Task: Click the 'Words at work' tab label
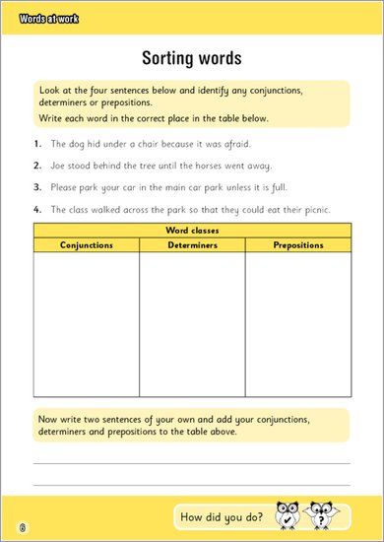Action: click(48, 19)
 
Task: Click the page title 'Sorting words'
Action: click(191, 56)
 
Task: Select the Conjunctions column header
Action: click(87, 244)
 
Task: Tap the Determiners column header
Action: click(191, 244)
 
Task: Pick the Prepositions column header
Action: click(297, 244)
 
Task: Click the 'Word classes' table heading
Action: click(191, 230)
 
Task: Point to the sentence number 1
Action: click(36, 144)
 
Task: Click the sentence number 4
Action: click(36, 209)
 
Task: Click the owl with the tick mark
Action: click(288, 515)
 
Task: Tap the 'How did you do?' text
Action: click(222, 516)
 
